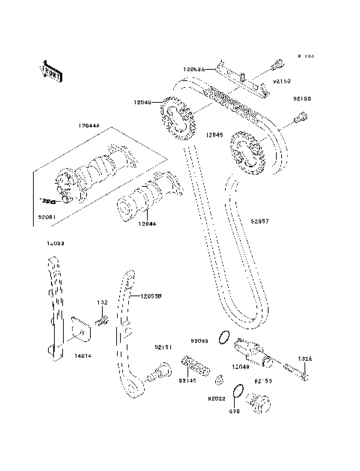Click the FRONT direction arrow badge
49,69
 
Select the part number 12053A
193,68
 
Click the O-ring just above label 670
237,392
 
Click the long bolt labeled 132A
295,373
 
